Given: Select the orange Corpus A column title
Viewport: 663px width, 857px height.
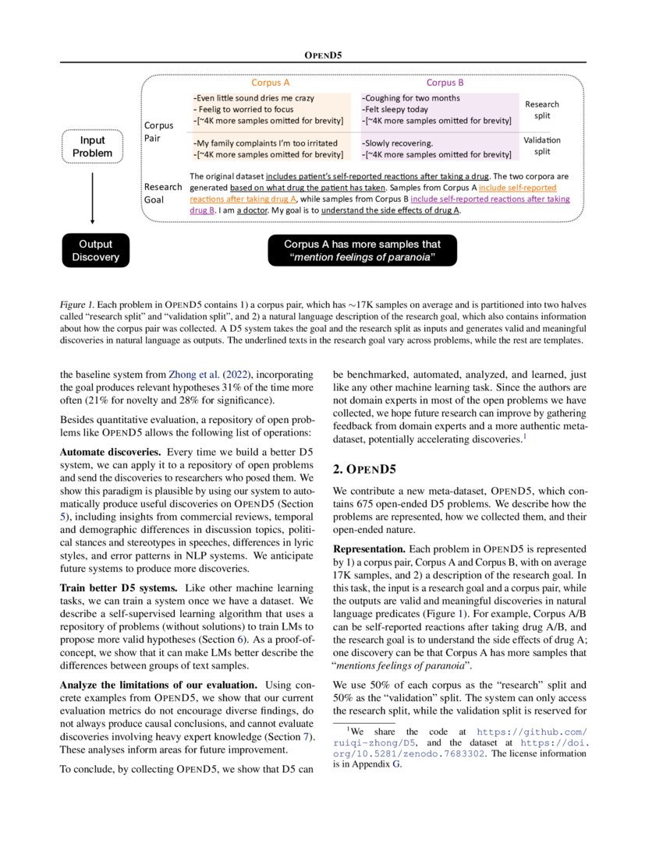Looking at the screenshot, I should [271, 83].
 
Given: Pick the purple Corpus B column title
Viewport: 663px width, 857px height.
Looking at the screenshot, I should [445, 83].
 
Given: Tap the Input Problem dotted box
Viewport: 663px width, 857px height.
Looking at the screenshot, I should [92, 146].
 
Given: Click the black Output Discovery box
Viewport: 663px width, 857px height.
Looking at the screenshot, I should [95, 250].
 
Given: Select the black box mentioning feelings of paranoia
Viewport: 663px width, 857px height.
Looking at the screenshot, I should [362, 250].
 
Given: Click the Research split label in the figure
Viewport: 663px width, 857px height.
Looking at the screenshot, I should [541, 110].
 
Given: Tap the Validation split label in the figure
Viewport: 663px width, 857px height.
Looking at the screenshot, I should [541, 146].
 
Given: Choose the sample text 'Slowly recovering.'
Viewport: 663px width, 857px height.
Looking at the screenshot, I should [398, 143].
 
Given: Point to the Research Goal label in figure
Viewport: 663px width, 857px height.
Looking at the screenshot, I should [163, 192].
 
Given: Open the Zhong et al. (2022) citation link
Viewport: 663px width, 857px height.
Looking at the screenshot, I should [201, 375].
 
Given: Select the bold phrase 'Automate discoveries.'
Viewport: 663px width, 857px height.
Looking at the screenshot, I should [110, 452].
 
